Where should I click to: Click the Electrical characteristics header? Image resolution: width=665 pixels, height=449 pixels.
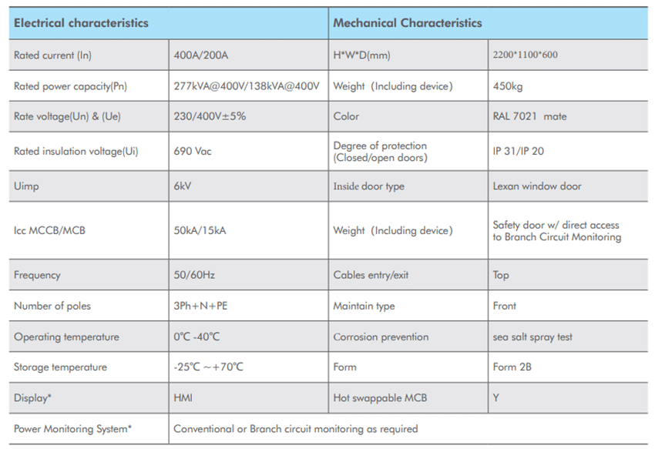point(81,23)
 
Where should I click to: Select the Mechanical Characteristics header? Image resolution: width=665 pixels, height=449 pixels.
point(407,23)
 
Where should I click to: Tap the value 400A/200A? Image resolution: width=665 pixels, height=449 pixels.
point(200,55)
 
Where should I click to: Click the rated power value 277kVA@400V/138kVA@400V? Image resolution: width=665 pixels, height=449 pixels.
point(247,86)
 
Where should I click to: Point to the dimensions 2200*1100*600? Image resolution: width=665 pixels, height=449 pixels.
point(525,55)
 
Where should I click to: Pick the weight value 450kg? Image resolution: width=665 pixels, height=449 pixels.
point(509,86)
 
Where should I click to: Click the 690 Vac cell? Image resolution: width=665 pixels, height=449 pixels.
point(193,152)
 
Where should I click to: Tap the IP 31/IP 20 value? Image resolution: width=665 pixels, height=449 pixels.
point(518,152)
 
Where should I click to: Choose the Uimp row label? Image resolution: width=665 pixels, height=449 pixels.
point(26,186)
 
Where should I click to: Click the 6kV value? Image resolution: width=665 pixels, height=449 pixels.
point(184,186)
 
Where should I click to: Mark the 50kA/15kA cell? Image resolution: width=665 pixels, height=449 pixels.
point(200,230)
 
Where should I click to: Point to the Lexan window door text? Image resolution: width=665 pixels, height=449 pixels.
point(537,186)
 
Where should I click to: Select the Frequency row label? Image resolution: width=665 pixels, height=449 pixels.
point(37,275)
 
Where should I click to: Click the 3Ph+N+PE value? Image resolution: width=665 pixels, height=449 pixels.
point(201,306)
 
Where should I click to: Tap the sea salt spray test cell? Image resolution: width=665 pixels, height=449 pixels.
point(532,337)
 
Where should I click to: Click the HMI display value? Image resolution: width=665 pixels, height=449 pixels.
point(183,398)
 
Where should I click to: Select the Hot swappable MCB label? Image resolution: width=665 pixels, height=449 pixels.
point(380,398)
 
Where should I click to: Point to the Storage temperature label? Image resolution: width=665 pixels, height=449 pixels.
point(60,367)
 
